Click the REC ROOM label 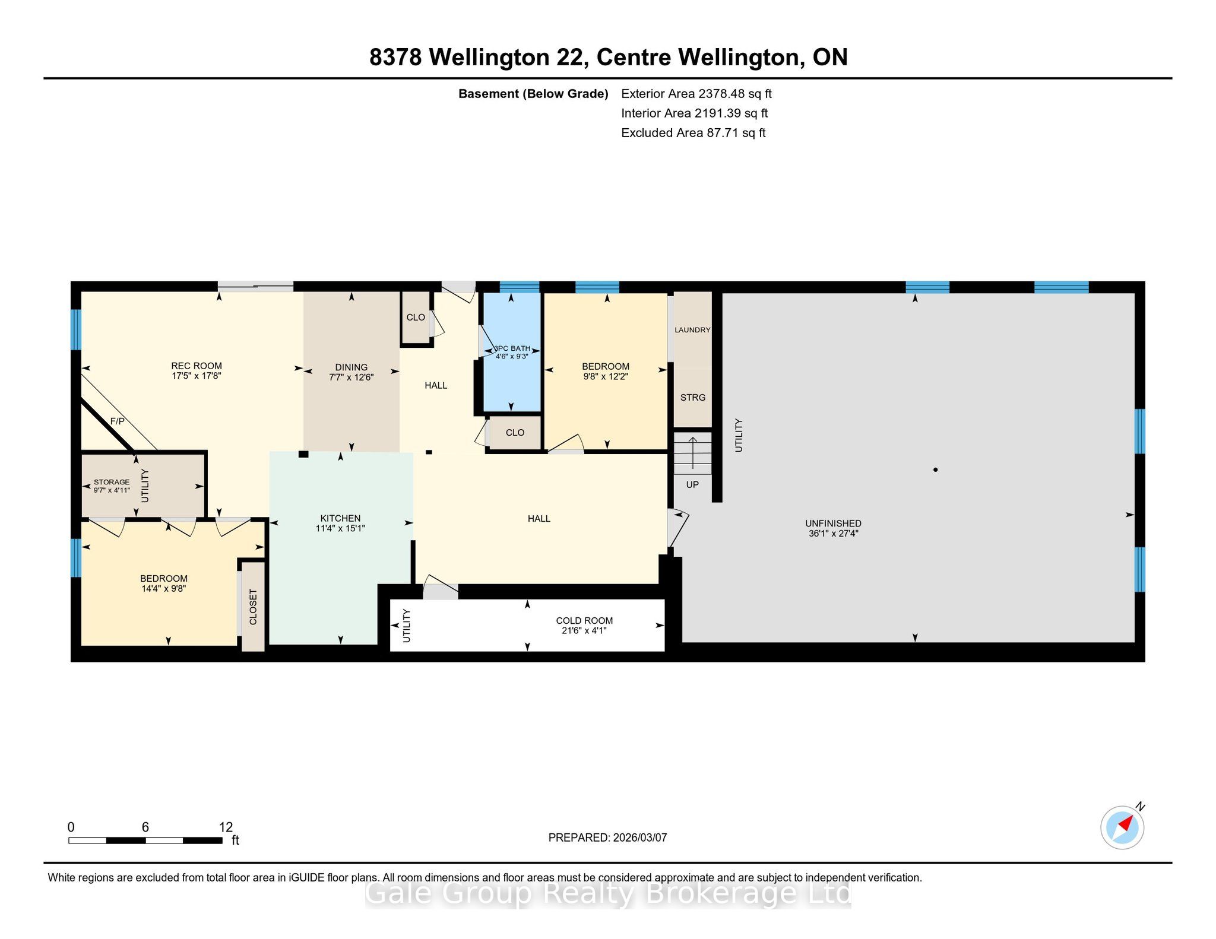point(197,366)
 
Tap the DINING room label point(351,367)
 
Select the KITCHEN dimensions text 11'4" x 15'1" point(340,528)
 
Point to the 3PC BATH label point(512,348)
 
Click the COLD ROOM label point(584,621)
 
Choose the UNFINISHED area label point(833,524)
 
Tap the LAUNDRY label point(692,330)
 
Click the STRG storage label point(693,398)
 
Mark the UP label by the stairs point(692,485)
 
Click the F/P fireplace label point(118,421)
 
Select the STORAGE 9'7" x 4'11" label point(112,486)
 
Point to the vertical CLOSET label point(254,607)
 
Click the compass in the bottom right point(1122,827)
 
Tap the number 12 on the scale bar point(226,827)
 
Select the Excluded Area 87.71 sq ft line point(693,133)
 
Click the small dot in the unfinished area point(936,469)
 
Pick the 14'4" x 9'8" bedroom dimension point(164,589)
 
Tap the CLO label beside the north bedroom point(515,433)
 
